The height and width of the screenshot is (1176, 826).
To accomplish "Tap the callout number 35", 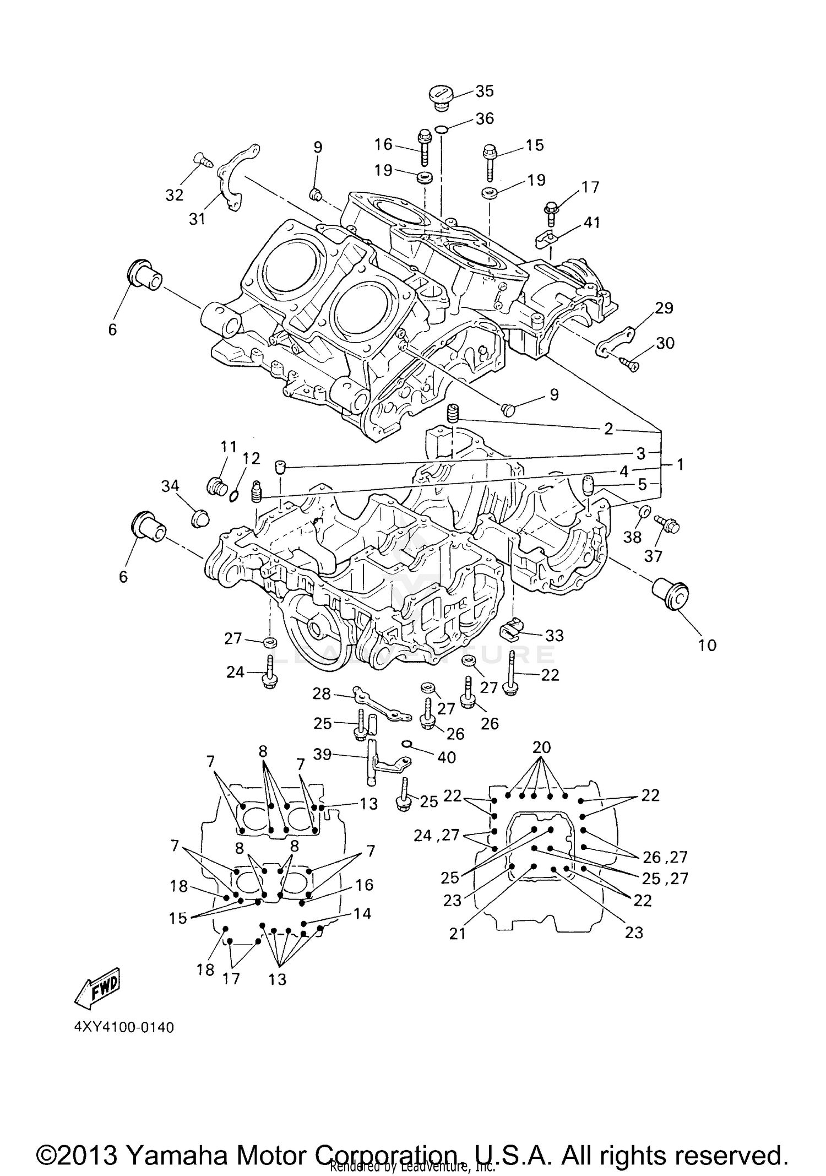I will pyautogui.click(x=485, y=91).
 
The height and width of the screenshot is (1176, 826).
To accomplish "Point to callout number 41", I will pyautogui.click(x=592, y=223).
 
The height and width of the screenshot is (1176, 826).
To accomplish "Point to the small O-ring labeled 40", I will pyautogui.click(x=407, y=744).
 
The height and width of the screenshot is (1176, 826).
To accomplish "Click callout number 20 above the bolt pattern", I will pyautogui.click(x=542, y=747).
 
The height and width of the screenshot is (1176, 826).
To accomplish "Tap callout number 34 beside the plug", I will pyautogui.click(x=170, y=486).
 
